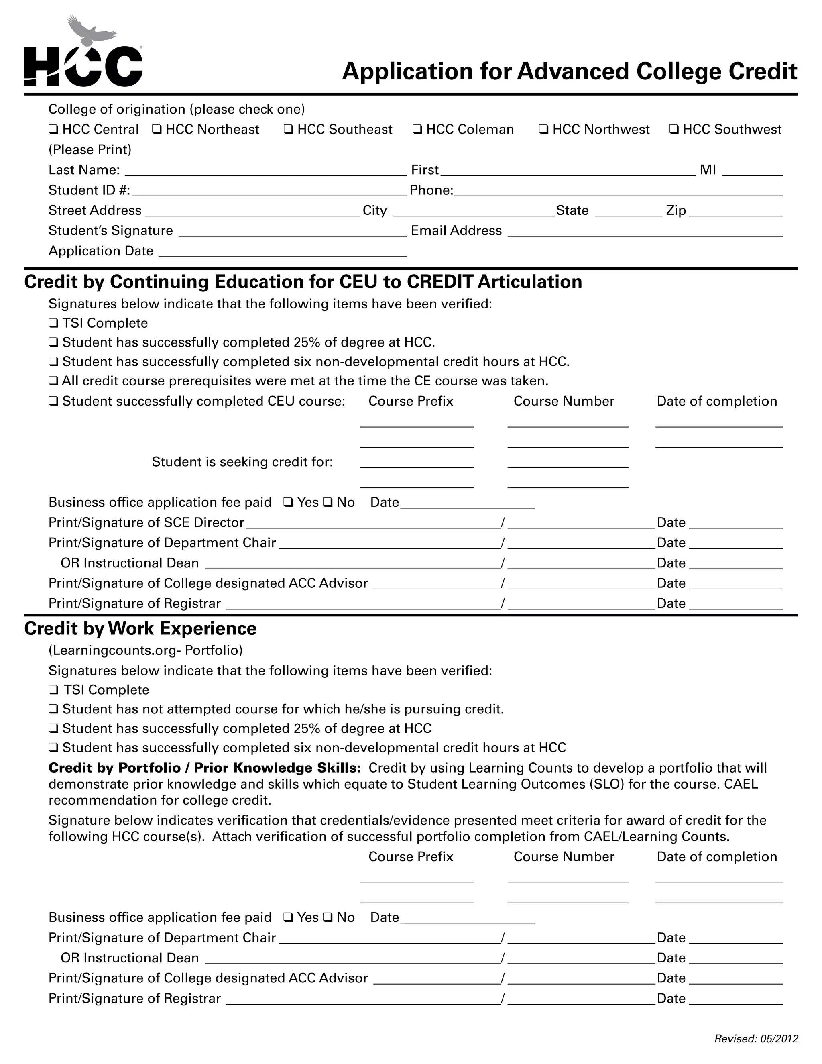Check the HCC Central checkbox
point(53,130)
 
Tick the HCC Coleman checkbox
point(417,130)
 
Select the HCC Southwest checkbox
point(674,130)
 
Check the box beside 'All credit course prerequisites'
point(53,381)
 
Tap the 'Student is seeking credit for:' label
point(242,462)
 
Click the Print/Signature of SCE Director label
point(146,523)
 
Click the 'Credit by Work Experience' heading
point(140,628)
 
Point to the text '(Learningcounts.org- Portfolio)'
point(145,650)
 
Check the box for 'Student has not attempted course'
point(53,709)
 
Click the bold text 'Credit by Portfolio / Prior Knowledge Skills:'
point(205,768)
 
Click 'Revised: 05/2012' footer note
point(756,1039)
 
